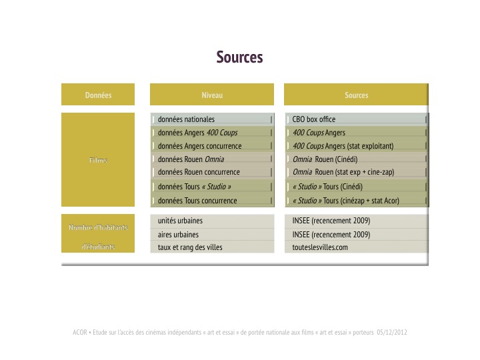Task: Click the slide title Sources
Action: (x=239, y=57)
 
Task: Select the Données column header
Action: (x=98, y=95)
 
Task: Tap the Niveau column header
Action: (x=212, y=95)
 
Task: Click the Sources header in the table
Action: (x=356, y=95)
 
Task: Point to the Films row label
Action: (x=98, y=160)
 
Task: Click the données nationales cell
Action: (x=212, y=119)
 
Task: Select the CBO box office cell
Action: (x=357, y=119)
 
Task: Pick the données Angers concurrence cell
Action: (x=212, y=146)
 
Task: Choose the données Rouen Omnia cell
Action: (x=212, y=159)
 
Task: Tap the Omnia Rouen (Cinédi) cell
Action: (x=357, y=159)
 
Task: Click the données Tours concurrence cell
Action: (x=212, y=201)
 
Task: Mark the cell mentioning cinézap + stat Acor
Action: (x=357, y=201)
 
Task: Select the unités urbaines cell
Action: (x=212, y=221)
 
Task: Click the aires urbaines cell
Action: (x=212, y=235)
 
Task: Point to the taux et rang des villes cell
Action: (x=212, y=247)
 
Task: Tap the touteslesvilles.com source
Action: (x=320, y=247)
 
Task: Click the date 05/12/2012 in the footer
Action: (x=392, y=332)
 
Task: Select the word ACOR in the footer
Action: (x=80, y=332)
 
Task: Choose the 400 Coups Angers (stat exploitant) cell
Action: (x=357, y=146)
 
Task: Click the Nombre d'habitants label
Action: (x=98, y=227)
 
